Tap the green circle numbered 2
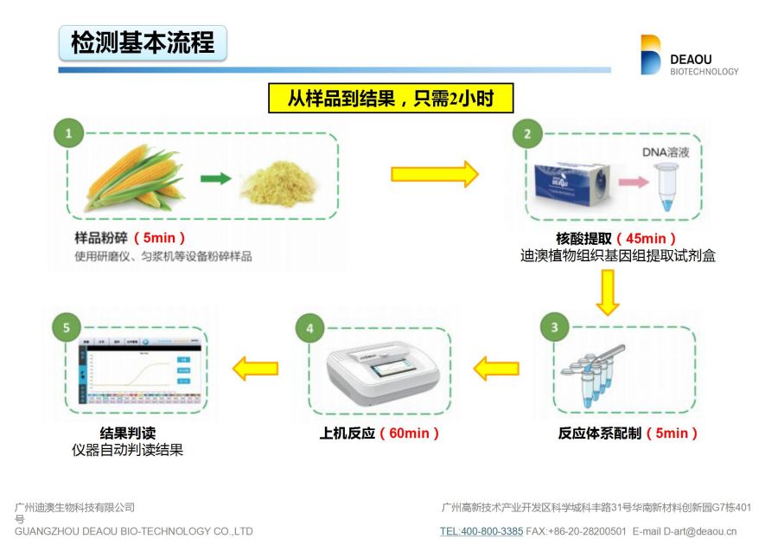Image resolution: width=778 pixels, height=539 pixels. [x=527, y=133]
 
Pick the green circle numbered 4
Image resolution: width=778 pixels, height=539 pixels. [x=309, y=327]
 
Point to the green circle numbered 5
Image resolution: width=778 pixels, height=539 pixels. [x=67, y=327]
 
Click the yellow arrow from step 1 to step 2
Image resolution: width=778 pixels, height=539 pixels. [x=434, y=173]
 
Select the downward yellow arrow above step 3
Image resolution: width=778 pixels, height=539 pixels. [x=609, y=292]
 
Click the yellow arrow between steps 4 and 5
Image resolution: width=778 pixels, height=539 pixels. [x=255, y=369]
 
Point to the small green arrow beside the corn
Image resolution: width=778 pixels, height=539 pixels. [x=215, y=179]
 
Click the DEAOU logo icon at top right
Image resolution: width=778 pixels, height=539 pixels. [x=650, y=55]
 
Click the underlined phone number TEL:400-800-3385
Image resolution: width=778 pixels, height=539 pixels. [x=481, y=531]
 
